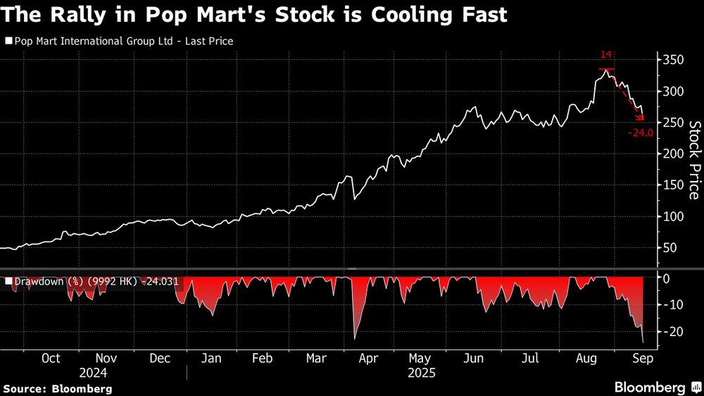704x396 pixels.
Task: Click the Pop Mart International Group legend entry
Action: click(x=119, y=41)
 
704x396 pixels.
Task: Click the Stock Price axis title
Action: click(x=693, y=160)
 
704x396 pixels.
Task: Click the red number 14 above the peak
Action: click(x=606, y=54)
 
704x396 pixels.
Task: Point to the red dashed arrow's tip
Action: click(x=643, y=119)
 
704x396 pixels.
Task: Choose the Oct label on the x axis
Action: click(x=51, y=358)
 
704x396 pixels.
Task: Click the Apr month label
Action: click(x=368, y=358)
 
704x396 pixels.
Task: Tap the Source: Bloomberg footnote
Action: click(x=58, y=388)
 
